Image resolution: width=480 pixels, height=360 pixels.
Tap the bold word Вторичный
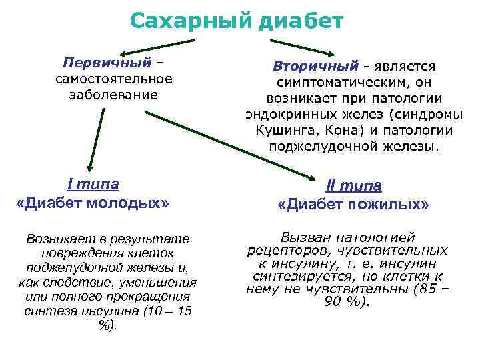[x=315, y=67]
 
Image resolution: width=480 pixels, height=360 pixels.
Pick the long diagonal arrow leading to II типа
[x=233, y=144]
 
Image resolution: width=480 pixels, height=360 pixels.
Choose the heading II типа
[x=353, y=187]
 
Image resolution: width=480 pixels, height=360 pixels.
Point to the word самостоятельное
[x=114, y=79]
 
